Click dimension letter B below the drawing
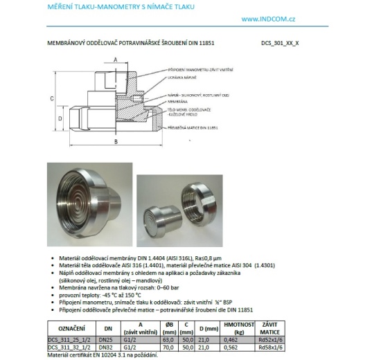pyautogui.click(x=115, y=142)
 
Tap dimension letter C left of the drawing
pyautogui.click(x=53, y=99)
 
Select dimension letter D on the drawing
pyautogui.click(x=60, y=118)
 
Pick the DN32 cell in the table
pyautogui.click(x=106, y=347)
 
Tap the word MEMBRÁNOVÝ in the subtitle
pyautogui.click(x=67, y=43)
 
